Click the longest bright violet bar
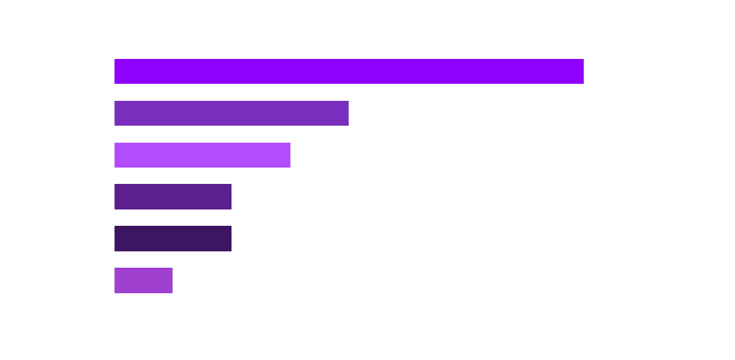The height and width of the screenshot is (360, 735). coord(349,71)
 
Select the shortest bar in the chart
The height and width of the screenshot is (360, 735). coord(143,280)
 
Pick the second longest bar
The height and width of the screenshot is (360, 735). coord(232,113)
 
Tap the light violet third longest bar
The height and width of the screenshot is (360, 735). coord(202,155)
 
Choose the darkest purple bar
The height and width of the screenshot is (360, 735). coord(173,239)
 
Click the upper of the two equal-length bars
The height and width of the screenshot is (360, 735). coord(173,197)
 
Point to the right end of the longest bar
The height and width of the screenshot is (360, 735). coord(582,71)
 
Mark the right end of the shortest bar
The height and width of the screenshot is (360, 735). coord(171,280)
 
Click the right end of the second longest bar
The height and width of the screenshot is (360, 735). coord(347,113)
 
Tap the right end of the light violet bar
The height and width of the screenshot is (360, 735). coord(289,155)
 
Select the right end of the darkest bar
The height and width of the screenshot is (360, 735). coord(230,239)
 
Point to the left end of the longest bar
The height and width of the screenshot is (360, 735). coord(116,71)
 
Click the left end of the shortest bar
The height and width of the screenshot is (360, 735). coord(116,280)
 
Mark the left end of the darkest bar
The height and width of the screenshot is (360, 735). coord(116,239)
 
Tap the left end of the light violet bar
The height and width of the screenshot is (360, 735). coord(116,155)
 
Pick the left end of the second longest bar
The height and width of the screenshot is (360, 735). coord(116,113)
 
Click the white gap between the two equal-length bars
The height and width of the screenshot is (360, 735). coord(173,217)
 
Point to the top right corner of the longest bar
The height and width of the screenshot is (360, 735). coord(583,60)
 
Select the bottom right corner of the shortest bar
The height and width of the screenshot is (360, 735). coord(172,293)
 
